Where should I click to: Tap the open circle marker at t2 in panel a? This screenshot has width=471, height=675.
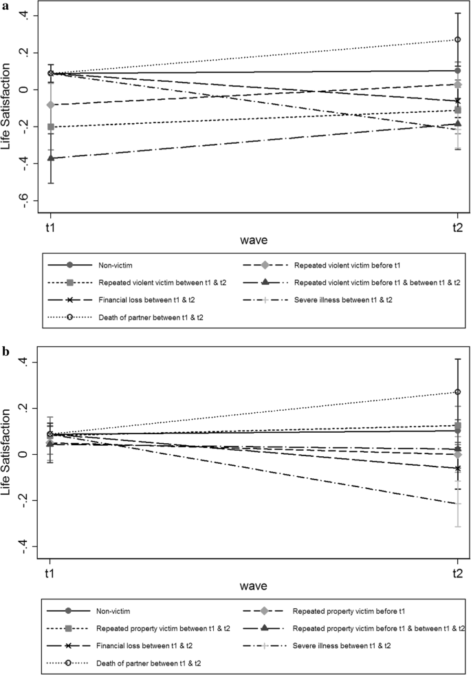tap(457, 39)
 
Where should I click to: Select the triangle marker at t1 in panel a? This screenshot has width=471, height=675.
tap(51, 158)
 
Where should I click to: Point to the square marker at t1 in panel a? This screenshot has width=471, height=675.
tap(51, 127)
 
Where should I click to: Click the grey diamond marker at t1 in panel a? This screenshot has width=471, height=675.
tap(51, 105)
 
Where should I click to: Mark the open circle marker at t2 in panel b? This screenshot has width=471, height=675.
tap(457, 392)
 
